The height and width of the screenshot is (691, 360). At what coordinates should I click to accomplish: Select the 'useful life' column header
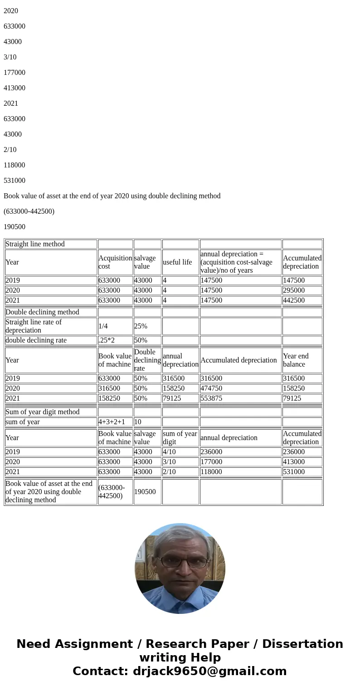pyautogui.click(x=177, y=262)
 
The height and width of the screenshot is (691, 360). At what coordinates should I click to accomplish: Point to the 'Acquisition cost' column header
pyautogui.click(x=115, y=262)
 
